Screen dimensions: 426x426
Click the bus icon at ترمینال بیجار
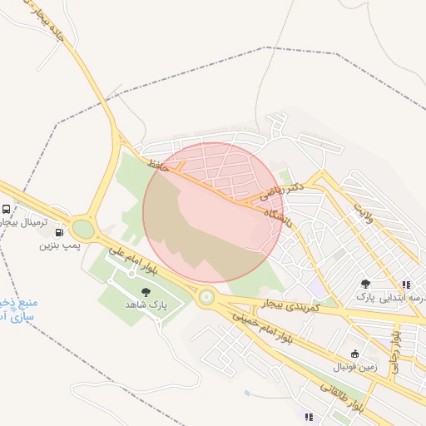(x=7, y=210)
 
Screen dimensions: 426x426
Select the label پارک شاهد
(x=146, y=305)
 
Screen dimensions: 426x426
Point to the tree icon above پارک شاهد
(x=146, y=291)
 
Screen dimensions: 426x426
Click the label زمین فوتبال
(x=355, y=366)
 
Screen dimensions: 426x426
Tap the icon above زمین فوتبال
(x=355, y=353)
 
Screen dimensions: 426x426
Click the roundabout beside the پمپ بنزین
(x=83, y=227)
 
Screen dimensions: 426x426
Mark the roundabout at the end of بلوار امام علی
(x=206, y=296)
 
